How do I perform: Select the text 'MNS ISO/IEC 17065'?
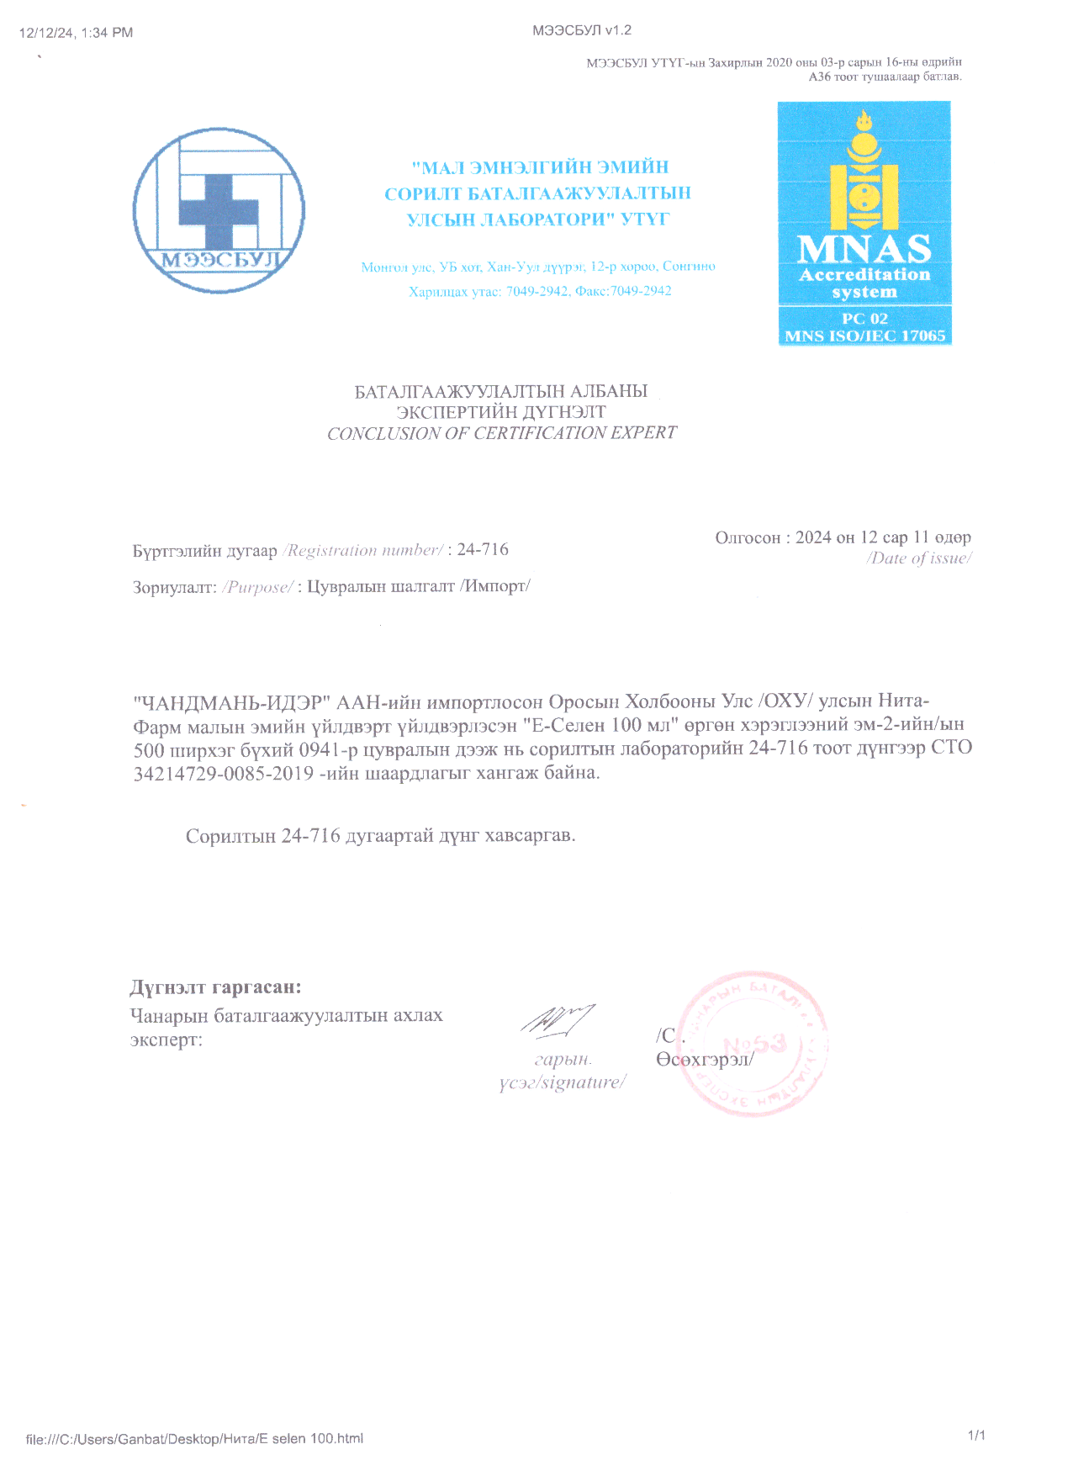point(864,336)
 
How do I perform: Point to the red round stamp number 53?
point(754,1045)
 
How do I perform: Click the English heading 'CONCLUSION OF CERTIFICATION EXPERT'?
point(501,433)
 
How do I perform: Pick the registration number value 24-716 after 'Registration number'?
point(483,549)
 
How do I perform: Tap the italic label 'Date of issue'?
point(919,558)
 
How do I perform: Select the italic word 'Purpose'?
point(258,587)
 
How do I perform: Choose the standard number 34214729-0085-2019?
point(224,773)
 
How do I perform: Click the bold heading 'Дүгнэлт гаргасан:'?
point(215,987)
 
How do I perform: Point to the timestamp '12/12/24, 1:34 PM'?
point(76,33)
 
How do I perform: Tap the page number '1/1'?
point(976,1435)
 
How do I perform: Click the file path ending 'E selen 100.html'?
point(194,1438)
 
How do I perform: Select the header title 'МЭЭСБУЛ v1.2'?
point(582,30)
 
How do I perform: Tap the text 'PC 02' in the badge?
point(864,319)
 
